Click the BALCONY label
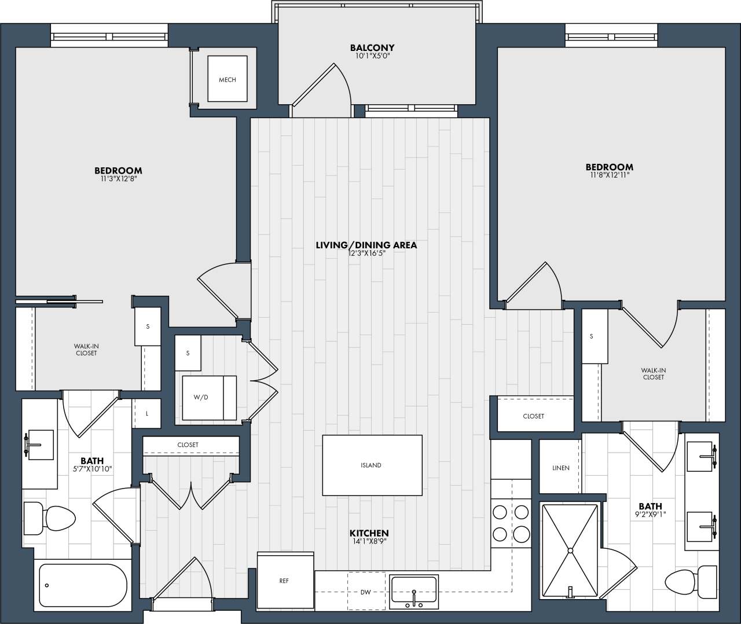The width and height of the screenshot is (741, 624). (x=372, y=47)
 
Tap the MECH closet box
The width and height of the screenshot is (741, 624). (x=228, y=79)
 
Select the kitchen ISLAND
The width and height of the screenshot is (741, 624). (x=372, y=465)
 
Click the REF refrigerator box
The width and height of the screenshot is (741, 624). (x=284, y=581)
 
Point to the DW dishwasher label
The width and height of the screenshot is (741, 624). (x=365, y=592)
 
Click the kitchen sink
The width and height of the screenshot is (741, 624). (x=413, y=592)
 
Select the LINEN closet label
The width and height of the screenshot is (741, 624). (x=560, y=468)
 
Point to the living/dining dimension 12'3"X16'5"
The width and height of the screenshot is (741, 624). (x=366, y=253)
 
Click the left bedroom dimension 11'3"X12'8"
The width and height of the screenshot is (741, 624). (x=118, y=179)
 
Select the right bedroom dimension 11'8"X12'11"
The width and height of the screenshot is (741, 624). (x=609, y=175)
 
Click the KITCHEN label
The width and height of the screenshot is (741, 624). (x=369, y=533)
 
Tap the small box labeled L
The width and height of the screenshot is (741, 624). (x=147, y=413)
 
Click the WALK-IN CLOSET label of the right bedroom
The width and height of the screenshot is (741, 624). (x=653, y=373)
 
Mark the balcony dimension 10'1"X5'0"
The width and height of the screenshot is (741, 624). (x=372, y=56)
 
